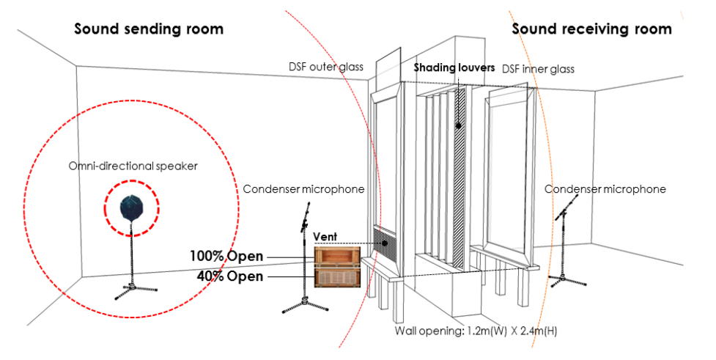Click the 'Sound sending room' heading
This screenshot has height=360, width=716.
pyautogui.click(x=149, y=29)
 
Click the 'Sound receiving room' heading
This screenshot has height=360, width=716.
pyautogui.click(x=591, y=29)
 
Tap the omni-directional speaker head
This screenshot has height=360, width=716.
pyautogui.click(x=130, y=206)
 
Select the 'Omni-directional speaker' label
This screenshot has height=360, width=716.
pyautogui.click(x=133, y=166)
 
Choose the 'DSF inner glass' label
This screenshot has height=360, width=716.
pyautogui.click(x=538, y=69)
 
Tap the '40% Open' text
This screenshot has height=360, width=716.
pyautogui.click(x=229, y=276)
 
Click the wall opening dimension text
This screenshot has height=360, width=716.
pyautogui.click(x=476, y=331)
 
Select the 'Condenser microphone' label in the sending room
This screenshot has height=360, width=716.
pyautogui.click(x=303, y=189)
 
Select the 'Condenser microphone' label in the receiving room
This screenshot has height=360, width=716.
pyautogui.click(x=605, y=189)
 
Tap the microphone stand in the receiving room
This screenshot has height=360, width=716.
pyautogui.click(x=564, y=249)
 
